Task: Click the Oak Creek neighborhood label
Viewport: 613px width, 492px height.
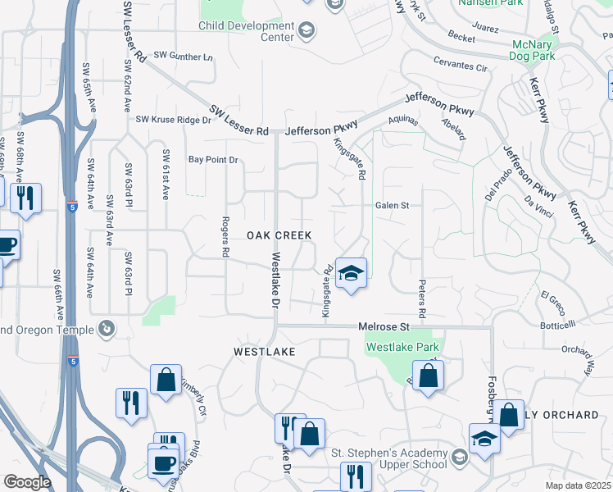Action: click(279, 235)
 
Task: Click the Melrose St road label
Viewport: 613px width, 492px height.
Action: click(384, 326)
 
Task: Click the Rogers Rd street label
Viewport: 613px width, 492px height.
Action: click(224, 238)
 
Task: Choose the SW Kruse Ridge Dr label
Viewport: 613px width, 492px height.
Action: click(173, 120)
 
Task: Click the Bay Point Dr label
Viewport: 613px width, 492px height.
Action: click(212, 159)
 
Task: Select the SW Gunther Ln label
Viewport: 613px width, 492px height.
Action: click(183, 57)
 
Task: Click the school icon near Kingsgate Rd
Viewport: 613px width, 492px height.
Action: click(351, 273)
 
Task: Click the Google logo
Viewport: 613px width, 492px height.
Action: click(26, 482)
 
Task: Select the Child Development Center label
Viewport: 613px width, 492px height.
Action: click(246, 31)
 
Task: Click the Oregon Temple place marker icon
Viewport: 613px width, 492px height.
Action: click(106, 329)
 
